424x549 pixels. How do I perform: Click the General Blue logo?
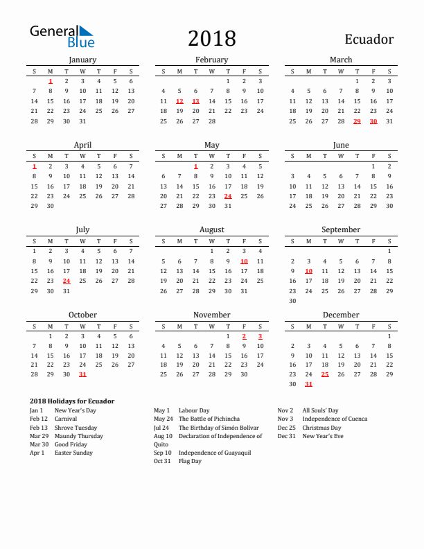click(x=61, y=37)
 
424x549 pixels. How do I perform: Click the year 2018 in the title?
click(x=211, y=38)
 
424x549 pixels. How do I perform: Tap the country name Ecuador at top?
click(x=368, y=39)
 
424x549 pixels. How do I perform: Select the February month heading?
click(x=211, y=60)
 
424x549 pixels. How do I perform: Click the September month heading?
click(x=341, y=229)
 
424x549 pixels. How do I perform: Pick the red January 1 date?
click(x=51, y=80)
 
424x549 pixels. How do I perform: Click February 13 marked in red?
click(x=195, y=101)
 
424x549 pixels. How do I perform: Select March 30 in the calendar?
click(x=373, y=121)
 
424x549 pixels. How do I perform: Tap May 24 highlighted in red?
click(x=228, y=195)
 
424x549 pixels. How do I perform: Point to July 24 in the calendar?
click(x=67, y=281)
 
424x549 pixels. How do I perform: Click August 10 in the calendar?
click(x=244, y=261)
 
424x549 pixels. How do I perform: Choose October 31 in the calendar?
click(x=82, y=374)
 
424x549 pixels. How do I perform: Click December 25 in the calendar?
click(x=324, y=374)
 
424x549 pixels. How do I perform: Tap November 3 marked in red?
click(x=260, y=335)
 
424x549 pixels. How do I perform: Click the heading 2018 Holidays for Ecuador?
click(x=72, y=401)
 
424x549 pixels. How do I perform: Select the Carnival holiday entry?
click(x=66, y=419)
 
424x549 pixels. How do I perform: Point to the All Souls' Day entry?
click(x=320, y=410)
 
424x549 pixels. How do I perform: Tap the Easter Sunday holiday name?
click(x=73, y=453)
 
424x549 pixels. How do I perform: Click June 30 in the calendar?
click(x=389, y=205)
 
